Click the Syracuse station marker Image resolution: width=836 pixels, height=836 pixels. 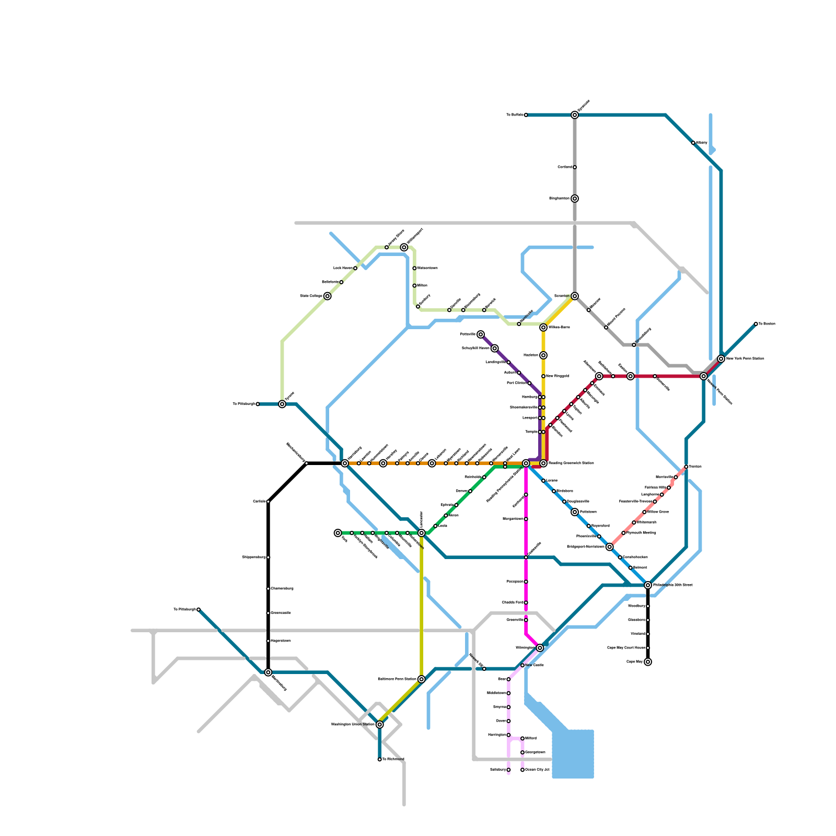pyautogui.click(x=575, y=115)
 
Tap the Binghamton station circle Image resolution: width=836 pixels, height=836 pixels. pyautogui.click(x=575, y=199)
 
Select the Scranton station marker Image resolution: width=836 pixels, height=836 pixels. pyautogui.click(x=575, y=296)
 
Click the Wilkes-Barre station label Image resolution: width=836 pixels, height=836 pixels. pyautogui.click(x=559, y=328)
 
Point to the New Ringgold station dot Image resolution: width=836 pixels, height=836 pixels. pyautogui.click(x=543, y=376)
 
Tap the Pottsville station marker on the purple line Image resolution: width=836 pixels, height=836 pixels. pyautogui.click(x=481, y=334)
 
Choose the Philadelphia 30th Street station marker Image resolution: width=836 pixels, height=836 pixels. pyautogui.click(x=648, y=585)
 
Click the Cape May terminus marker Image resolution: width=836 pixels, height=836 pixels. pyautogui.click(x=648, y=662)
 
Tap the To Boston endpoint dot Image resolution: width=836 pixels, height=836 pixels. pyautogui.click(x=756, y=324)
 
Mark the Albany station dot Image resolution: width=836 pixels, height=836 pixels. pyautogui.click(x=693, y=143)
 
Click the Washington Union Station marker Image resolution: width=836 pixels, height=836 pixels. pyautogui.click(x=380, y=725)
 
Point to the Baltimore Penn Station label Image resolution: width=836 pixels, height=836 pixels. pyautogui.click(x=397, y=679)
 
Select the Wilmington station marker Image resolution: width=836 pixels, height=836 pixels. pyautogui.click(x=540, y=648)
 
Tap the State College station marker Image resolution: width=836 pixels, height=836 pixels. pyautogui.click(x=328, y=296)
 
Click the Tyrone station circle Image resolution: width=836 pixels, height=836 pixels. pyautogui.click(x=282, y=404)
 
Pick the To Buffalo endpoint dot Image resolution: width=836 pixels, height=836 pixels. pyautogui.click(x=526, y=115)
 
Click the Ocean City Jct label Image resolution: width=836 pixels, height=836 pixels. pyautogui.click(x=537, y=770)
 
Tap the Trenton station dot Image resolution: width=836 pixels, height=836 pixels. pyautogui.click(x=686, y=467)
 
